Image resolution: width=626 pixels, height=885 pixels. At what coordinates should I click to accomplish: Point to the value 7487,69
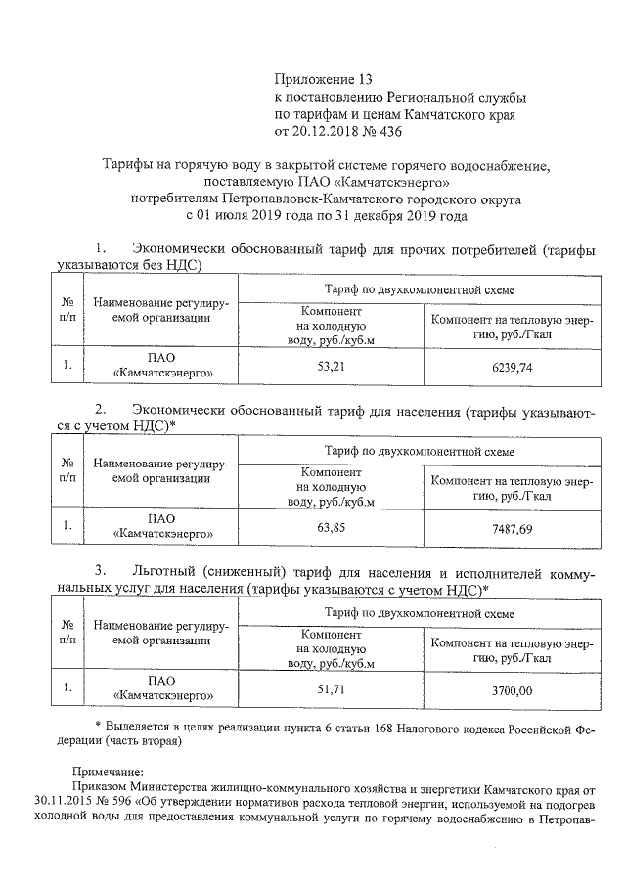pyautogui.click(x=508, y=528)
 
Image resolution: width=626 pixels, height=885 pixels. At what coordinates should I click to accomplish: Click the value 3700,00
pyautogui.click(x=508, y=691)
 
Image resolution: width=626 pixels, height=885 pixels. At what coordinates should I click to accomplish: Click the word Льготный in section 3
pyautogui.click(x=163, y=570)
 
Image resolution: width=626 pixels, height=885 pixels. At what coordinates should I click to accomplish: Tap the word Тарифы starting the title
pyautogui.click(x=128, y=163)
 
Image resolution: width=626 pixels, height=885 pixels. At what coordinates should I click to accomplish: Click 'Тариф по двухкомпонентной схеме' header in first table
pyautogui.click(x=420, y=289)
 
